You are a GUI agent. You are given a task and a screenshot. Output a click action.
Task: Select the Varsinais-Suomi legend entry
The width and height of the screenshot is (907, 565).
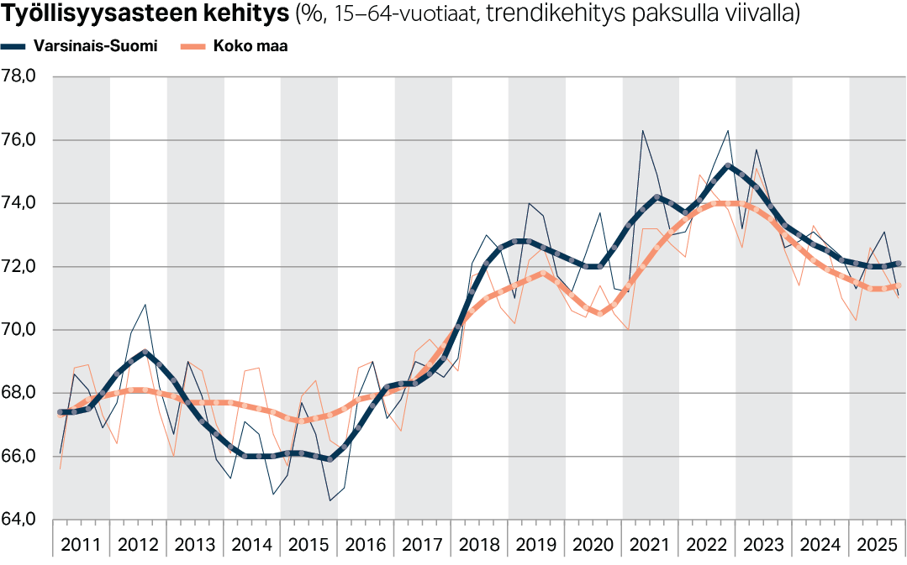102,46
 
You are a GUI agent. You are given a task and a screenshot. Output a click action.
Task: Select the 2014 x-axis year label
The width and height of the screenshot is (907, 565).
251,544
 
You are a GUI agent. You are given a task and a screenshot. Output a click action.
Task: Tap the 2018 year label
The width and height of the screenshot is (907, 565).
479,544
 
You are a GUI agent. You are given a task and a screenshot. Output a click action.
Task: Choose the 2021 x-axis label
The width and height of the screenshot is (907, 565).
650,544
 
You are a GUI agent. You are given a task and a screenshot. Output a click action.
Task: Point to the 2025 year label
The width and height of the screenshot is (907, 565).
877,544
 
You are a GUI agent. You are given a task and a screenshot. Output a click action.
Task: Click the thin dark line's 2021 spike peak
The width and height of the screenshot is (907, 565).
642,131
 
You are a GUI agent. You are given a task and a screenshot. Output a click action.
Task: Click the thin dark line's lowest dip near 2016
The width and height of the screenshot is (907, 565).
330,500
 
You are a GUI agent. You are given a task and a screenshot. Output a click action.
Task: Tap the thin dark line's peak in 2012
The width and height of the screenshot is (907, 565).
145,305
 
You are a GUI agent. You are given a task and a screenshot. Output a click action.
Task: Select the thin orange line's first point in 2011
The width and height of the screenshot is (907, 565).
60,468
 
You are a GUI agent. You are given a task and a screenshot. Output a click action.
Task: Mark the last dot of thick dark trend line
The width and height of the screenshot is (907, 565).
898,264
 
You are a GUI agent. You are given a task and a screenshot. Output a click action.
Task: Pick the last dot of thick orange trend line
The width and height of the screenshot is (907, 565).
898,285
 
